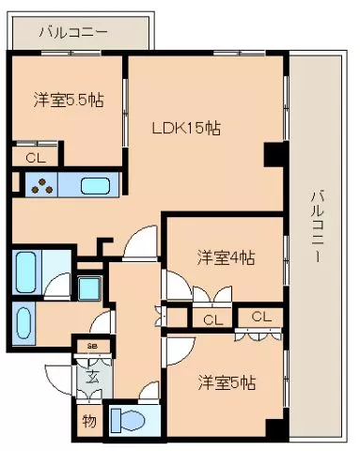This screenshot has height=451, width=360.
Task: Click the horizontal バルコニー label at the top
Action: (72, 32)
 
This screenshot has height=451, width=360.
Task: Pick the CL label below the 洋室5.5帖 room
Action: (35, 158)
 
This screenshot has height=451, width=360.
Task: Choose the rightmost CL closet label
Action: (260, 317)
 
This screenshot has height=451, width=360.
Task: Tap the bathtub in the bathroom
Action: (26, 272)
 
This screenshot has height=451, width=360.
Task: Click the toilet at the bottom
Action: (129, 419)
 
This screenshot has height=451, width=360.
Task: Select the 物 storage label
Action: (88, 420)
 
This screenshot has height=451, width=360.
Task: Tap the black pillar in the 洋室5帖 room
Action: (274, 428)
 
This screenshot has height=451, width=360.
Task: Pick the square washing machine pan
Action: (91, 287)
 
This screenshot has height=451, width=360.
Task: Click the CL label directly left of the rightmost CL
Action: (212, 319)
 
